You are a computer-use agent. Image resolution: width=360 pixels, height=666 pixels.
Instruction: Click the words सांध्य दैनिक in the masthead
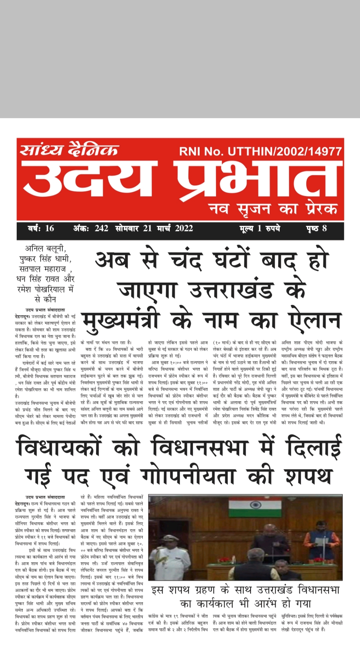tap(69, 150)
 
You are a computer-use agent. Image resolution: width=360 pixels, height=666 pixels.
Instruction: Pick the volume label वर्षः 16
tap(41, 228)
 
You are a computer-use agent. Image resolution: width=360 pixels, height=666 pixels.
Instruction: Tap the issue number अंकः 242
tap(91, 228)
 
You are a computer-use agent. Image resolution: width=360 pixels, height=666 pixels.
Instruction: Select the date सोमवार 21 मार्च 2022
tap(154, 228)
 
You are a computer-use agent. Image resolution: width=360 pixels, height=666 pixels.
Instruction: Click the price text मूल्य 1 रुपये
tap(259, 228)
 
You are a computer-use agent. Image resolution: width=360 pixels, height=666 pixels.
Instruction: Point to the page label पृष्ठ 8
tap(316, 228)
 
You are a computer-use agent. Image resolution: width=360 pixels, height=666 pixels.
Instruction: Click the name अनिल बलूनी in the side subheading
tap(45, 248)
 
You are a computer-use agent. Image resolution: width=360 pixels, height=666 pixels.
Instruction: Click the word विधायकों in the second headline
tap(59, 447)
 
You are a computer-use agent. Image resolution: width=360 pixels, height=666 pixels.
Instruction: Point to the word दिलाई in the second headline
tap(314, 447)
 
